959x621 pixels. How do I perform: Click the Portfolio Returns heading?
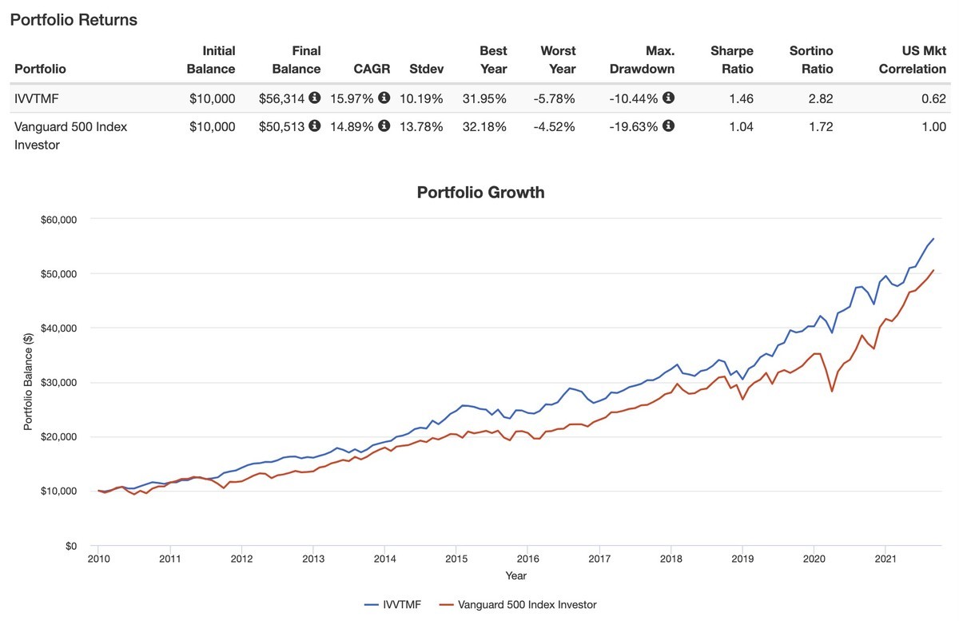(x=74, y=21)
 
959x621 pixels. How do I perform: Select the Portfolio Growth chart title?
(x=480, y=193)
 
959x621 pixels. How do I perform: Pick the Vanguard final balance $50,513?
(x=281, y=126)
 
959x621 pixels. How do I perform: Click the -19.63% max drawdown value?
(x=635, y=126)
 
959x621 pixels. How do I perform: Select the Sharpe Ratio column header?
(x=732, y=60)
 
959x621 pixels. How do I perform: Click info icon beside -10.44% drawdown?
(x=669, y=98)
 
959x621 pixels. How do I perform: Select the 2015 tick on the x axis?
(x=456, y=559)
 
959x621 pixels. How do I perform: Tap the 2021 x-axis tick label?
(x=885, y=559)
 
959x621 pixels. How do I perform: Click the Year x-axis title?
(x=515, y=575)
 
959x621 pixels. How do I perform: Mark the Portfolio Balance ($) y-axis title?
(x=29, y=381)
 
